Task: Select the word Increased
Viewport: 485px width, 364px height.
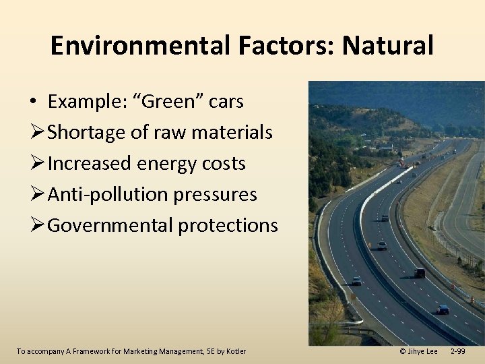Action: [x=90, y=164]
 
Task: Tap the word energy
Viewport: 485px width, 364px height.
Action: [x=170, y=164]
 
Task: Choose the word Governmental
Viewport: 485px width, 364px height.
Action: [x=110, y=226]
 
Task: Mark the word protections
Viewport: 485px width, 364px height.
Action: [x=228, y=226]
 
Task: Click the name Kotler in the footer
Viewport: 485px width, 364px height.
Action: [x=236, y=351]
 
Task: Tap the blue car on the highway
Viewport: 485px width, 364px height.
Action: [x=443, y=309]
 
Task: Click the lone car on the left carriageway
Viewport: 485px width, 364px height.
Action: [x=356, y=280]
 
